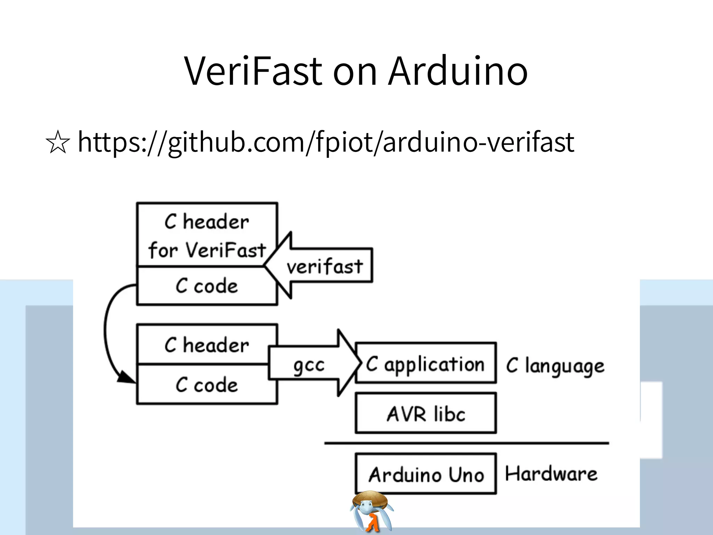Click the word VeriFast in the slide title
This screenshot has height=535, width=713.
[x=253, y=71]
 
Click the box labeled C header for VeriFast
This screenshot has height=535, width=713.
[x=207, y=235]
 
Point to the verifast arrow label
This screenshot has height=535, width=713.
[x=324, y=267]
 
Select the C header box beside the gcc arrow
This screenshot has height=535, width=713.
[x=207, y=345]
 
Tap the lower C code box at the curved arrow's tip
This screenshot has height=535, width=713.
[x=207, y=385]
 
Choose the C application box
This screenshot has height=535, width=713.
[x=425, y=364]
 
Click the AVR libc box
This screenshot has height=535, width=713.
[x=425, y=414]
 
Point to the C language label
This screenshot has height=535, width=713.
[x=555, y=366]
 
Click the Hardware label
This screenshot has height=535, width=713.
[x=551, y=474]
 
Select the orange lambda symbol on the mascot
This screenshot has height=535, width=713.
[x=372, y=522]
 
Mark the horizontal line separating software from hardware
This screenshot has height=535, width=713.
[x=467, y=443]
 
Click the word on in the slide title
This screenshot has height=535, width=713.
[x=355, y=71]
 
